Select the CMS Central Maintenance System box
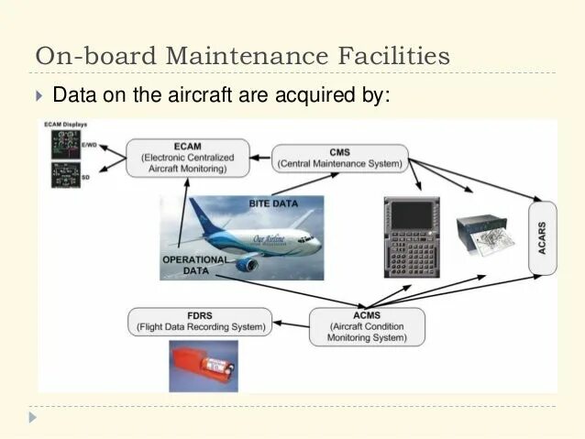coord(339,158)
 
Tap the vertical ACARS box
coord(543,237)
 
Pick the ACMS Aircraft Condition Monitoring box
coord(367,325)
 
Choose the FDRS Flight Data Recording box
coord(202,320)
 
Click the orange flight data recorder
coord(203,366)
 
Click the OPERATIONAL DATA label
coord(194,266)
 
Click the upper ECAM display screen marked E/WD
coord(66,144)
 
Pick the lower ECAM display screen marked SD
coord(65,174)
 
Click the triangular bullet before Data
coord(39,95)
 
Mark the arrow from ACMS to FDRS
coord(292,323)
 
